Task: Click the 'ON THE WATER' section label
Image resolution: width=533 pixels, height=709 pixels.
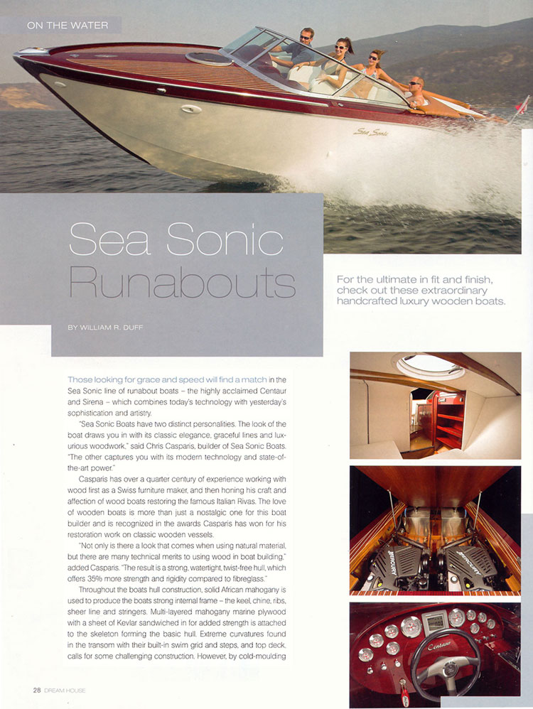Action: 67,26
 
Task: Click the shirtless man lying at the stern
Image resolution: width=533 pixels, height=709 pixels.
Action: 419,90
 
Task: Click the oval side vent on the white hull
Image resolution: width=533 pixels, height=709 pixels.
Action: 191,109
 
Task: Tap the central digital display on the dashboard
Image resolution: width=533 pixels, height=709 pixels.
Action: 436,624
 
